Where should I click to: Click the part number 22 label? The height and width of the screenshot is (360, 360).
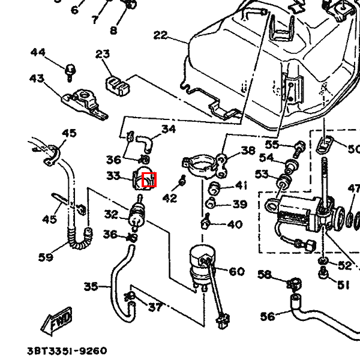[x=161, y=35]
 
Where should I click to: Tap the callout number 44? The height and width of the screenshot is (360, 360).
[x=38, y=53]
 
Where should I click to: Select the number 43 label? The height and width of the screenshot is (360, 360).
[x=37, y=78]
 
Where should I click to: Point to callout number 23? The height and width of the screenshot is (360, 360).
[x=103, y=55]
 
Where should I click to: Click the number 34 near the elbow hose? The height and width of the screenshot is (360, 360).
[x=169, y=129]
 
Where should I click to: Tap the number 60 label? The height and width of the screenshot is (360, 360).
[x=236, y=272]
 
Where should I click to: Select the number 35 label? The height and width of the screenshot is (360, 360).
[x=91, y=286]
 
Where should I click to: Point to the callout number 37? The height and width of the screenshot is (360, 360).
[x=155, y=308]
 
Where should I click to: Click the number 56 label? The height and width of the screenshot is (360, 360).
[x=268, y=316]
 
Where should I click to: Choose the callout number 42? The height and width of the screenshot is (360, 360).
[x=170, y=197]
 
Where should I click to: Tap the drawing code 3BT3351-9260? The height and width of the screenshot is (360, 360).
[x=67, y=350]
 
